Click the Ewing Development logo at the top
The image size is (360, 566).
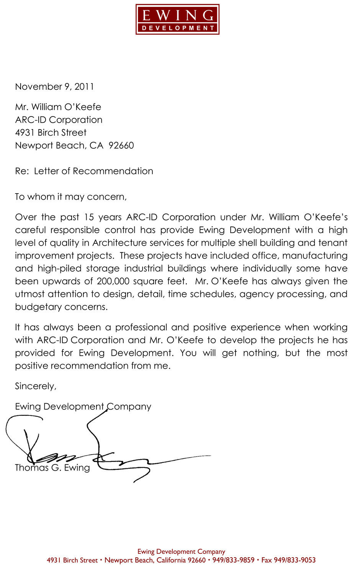click(x=177, y=20)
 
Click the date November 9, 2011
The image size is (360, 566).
click(x=54, y=87)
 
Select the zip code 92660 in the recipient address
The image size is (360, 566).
click(x=121, y=146)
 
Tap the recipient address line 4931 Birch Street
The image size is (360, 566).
click(x=51, y=133)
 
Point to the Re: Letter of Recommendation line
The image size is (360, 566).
click(x=84, y=171)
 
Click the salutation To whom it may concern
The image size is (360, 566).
click(x=70, y=197)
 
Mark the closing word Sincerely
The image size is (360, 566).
click(x=36, y=386)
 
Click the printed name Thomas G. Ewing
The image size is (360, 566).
click(x=52, y=468)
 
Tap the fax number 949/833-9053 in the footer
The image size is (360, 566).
click(x=295, y=560)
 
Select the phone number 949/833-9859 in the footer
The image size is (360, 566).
click(x=233, y=560)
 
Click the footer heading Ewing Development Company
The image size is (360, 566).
click(x=181, y=552)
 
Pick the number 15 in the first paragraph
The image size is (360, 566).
click(x=89, y=217)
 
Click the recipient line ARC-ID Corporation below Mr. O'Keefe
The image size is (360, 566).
click(x=59, y=120)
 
